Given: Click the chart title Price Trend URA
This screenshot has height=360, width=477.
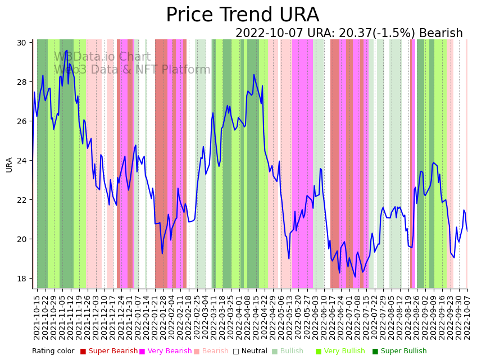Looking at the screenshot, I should (242, 15).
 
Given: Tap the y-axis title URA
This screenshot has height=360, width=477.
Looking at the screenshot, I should (10, 165).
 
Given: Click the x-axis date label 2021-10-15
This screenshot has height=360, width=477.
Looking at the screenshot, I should (37, 317).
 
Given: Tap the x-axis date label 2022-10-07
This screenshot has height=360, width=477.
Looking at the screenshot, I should (466, 317).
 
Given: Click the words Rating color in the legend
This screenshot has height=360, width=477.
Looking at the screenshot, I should (53, 352).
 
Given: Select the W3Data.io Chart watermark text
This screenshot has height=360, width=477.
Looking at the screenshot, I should (102, 57).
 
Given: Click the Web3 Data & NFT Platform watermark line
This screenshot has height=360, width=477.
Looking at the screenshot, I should (132, 70).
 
